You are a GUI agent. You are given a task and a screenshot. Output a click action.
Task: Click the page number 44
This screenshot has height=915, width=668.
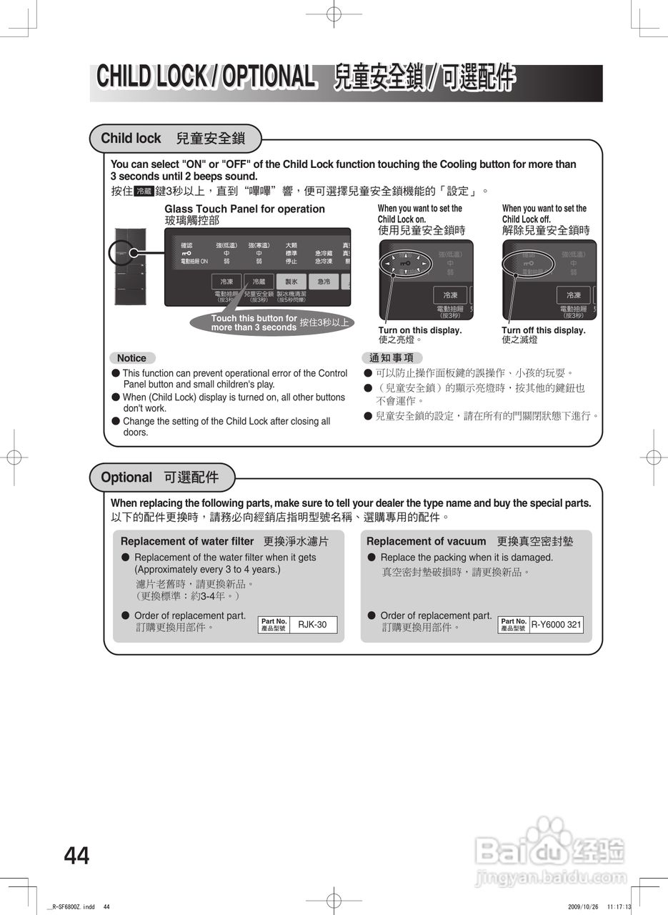coord(77,856)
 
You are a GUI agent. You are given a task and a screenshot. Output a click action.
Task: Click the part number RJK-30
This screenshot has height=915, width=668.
coord(312,625)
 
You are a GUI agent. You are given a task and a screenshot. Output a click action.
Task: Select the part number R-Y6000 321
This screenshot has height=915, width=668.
coord(556,625)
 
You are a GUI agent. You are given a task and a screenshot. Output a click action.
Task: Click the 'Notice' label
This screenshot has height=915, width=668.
coord(131,358)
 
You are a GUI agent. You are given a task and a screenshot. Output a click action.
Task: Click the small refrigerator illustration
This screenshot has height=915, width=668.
coord(131,268)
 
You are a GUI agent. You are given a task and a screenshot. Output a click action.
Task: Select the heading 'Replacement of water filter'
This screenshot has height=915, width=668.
coord(187,541)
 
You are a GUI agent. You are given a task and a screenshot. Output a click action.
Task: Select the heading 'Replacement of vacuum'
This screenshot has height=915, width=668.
coord(426,541)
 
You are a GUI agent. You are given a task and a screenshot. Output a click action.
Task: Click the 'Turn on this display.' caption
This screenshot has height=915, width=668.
coord(420,330)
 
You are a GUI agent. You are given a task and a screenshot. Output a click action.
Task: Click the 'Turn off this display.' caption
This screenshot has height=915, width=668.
coord(543,330)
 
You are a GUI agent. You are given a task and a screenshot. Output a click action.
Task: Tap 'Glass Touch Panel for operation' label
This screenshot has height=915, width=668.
coord(244,209)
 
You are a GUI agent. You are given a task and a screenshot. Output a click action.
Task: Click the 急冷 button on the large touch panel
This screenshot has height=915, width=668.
coord(324,282)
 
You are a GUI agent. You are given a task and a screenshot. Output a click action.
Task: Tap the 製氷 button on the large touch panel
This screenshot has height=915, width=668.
coord(291,282)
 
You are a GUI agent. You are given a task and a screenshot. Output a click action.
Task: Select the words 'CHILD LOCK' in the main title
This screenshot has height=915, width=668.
coord(151,77)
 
